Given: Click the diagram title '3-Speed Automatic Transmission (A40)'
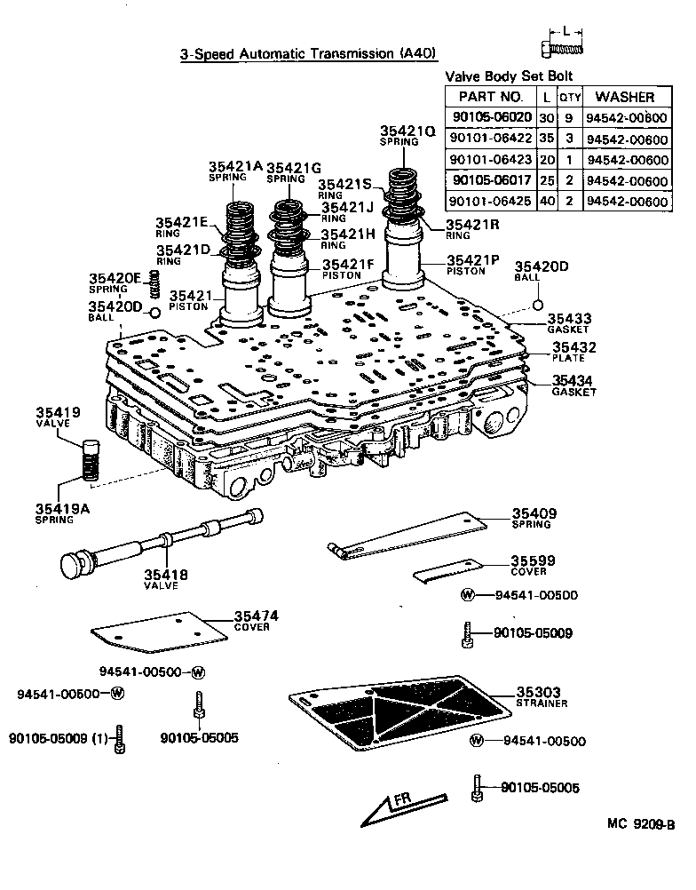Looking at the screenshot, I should pos(309,53).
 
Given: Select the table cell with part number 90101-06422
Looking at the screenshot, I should pos(490,138).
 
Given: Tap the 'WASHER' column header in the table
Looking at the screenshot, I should pos(625,97).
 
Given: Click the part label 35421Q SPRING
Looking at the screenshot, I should pos(407,135).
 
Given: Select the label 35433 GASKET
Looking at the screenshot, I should pos(569,322).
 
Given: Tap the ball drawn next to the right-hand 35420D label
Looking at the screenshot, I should pos(537,306).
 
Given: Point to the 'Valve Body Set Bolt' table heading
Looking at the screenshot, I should pos(508,76).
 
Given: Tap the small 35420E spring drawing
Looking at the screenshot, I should pos(153,285).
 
